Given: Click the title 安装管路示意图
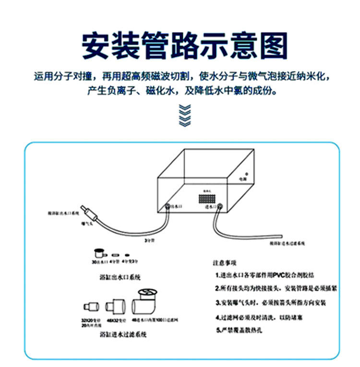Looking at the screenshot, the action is coord(184,46).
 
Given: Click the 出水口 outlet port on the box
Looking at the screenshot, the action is coord(168,206).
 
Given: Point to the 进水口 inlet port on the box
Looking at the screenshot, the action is coord(220,207).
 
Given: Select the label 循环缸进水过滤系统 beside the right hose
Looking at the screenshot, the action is coord(288,244).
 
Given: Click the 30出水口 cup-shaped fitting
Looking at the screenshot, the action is coord(100,253).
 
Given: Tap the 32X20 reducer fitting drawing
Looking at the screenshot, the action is coord(91,307).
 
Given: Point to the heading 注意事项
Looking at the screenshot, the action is coord(224,263).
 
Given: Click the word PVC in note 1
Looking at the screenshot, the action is coord(279,276).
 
